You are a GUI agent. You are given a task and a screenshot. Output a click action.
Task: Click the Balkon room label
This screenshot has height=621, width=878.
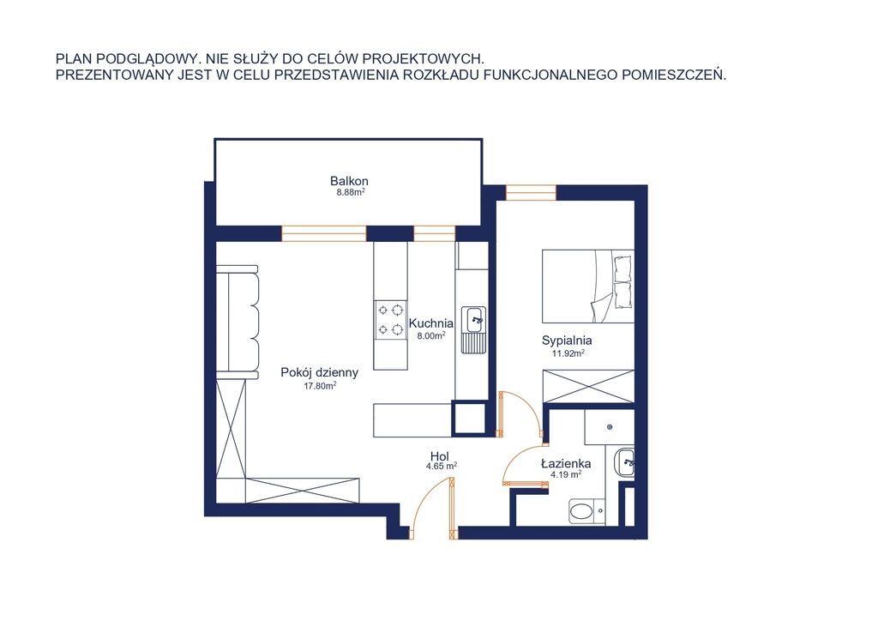[349, 181]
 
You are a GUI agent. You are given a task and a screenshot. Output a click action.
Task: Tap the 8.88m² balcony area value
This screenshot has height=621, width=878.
[351, 192]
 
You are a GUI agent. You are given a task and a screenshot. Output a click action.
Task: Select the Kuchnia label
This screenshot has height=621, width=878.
[430, 323]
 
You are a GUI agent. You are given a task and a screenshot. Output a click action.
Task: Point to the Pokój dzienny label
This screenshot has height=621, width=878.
[319, 372]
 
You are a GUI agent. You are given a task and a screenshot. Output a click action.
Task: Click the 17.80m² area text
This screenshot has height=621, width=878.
[320, 385]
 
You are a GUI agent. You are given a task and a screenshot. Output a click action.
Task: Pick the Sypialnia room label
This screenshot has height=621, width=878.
[567, 340]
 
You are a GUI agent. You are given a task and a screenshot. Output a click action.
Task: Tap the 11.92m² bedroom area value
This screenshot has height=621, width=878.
[568, 353]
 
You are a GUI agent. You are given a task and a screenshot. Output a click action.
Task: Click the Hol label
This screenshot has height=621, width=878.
[440, 455]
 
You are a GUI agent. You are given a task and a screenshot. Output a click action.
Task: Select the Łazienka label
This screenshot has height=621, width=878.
[566, 464]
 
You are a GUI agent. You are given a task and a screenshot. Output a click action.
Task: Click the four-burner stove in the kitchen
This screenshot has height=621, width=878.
[390, 318]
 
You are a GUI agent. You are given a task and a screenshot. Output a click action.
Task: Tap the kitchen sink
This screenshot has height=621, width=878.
[473, 329]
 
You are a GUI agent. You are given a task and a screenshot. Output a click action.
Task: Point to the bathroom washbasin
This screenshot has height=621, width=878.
[624, 463]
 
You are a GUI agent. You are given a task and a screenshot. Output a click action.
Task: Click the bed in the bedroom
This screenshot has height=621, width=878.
[588, 286]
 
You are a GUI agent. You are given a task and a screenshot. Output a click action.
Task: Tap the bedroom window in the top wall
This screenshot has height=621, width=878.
[531, 192]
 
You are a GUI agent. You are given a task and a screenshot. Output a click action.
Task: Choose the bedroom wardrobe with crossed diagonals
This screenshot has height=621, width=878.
[588, 386]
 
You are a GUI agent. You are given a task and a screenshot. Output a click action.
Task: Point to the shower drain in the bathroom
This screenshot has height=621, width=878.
[610, 426]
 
